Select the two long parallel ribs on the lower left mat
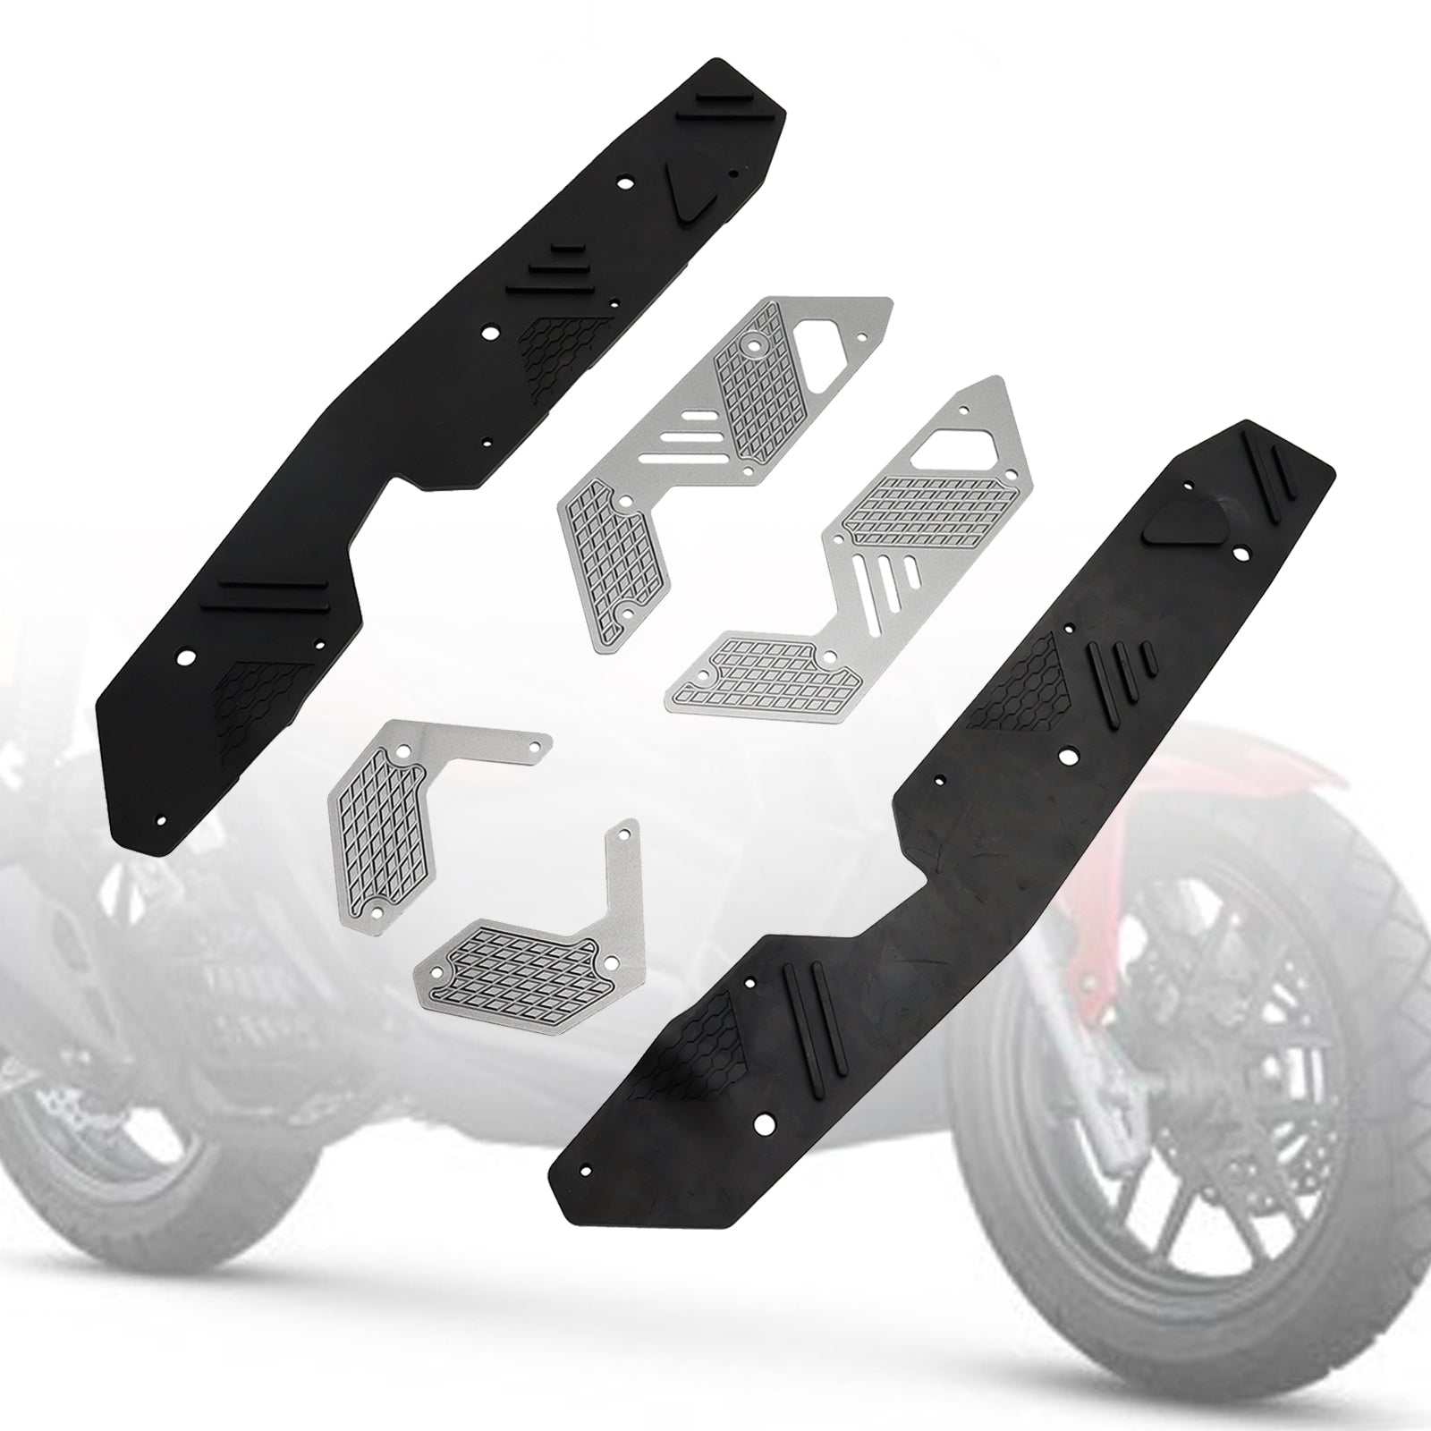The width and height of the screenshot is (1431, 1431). click(x=265, y=596)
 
